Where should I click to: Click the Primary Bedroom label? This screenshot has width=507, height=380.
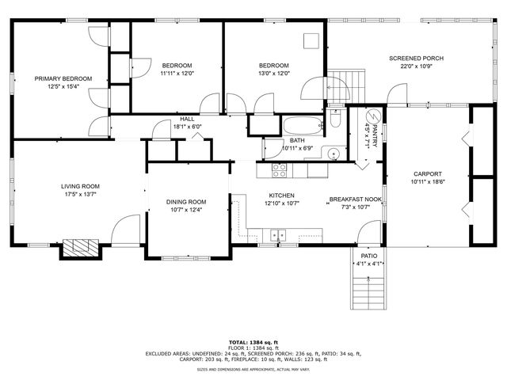(x=63, y=78)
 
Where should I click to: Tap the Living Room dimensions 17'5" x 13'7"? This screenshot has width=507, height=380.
(x=80, y=195)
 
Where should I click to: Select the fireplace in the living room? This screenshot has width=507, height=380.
(x=82, y=248)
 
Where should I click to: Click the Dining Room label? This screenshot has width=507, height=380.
(x=186, y=201)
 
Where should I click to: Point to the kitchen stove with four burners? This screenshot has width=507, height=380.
(x=280, y=169)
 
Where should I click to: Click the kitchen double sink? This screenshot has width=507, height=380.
(x=277, y=234)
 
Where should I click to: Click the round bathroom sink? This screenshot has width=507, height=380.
(x=334, y=154)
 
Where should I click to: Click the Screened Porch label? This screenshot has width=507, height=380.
(x=416, y=59)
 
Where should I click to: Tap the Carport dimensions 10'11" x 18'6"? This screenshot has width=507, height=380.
(x=427, y=182)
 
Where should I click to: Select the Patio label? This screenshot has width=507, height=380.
(x=369, y=256)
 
